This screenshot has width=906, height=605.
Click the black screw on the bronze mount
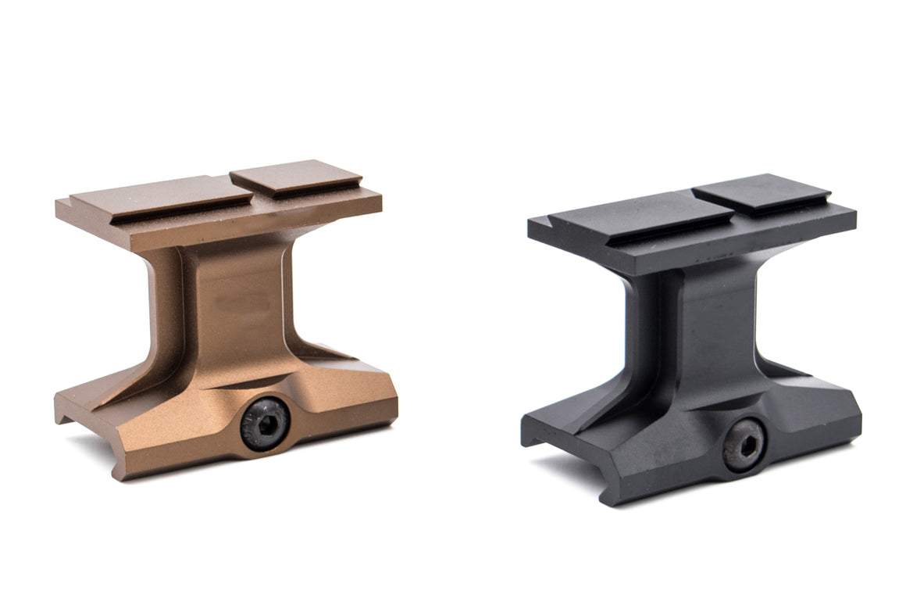tap(265, 423)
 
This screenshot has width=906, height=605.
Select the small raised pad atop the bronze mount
tap(294, 177)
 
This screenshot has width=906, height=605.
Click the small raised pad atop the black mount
tap(760, 192)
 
